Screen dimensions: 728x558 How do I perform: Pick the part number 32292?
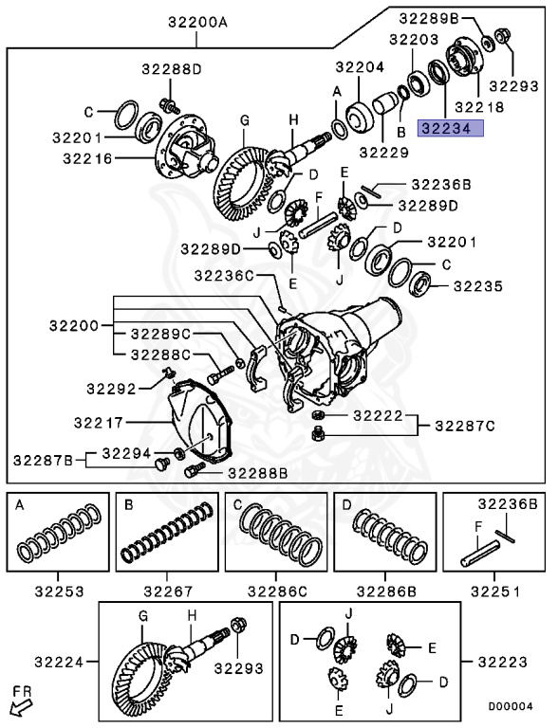[x=110, y=387]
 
